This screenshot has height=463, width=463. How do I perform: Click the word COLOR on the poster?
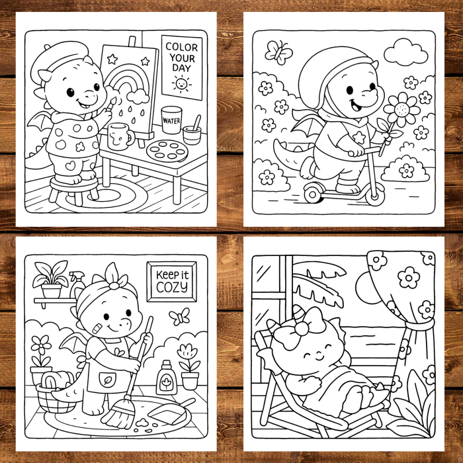181,47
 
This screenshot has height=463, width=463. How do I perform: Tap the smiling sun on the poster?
181,83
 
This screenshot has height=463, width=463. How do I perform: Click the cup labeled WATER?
171,120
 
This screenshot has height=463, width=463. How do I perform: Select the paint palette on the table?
167,150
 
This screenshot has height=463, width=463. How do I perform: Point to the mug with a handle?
120,137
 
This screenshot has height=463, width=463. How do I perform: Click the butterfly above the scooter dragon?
278,52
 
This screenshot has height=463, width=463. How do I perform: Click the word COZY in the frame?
171,286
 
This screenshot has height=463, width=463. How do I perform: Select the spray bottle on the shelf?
77,284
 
